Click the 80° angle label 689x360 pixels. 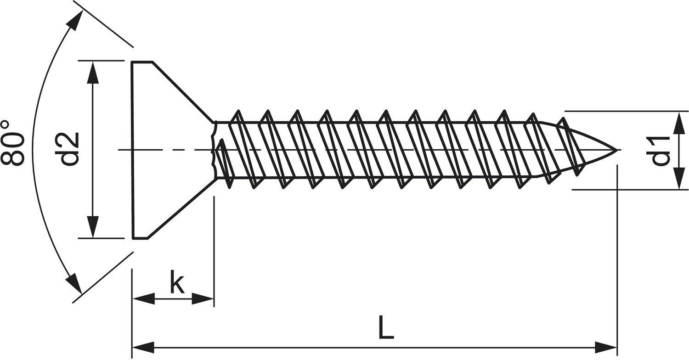[12, 143]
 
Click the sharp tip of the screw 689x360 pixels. [616, 150]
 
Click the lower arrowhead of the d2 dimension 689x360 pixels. [93, 227]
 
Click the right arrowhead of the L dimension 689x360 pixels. [605, 347]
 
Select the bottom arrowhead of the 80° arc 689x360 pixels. [74, 284]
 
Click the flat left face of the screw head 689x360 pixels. [133, 150]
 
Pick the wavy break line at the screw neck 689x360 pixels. [213, 150]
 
